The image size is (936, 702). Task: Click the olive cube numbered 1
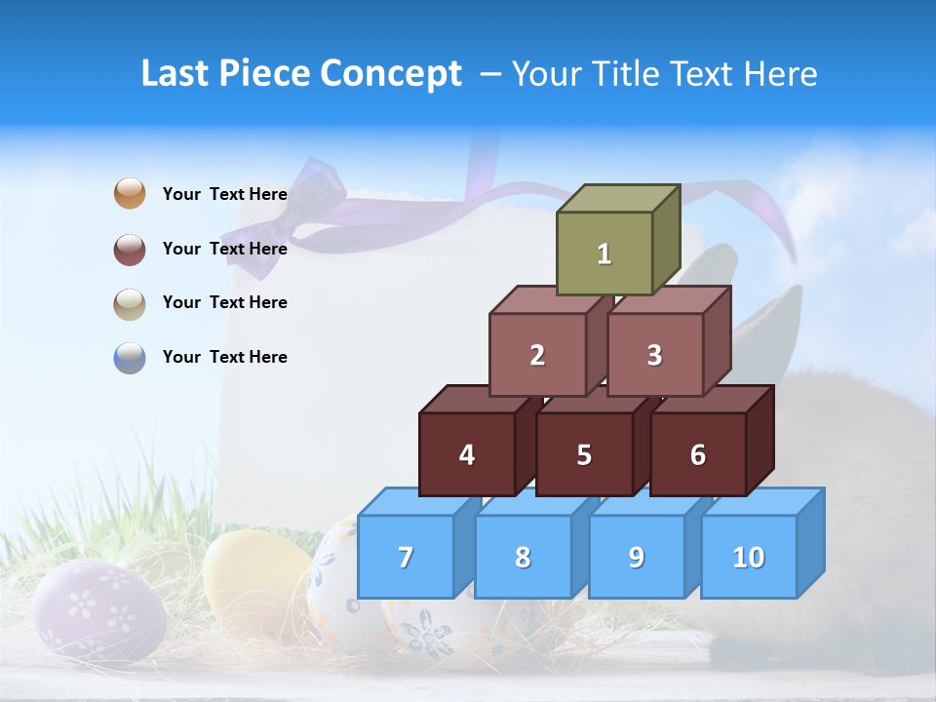pos(604,253)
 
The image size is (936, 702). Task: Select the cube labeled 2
pos(537,355)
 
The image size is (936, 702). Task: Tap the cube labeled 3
pos(654,355)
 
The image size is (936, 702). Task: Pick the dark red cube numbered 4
pos(467,454)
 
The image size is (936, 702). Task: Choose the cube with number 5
pos(583,454)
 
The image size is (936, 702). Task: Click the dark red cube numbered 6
pos(697,454)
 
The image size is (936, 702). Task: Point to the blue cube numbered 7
pos(406,557)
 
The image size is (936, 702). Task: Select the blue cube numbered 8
pos(523,557)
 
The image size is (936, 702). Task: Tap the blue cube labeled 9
pos(636,557)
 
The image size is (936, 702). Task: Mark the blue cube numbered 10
pos(748,557)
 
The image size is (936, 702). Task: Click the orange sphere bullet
pos(130,193)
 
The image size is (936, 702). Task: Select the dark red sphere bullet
pos(130,249)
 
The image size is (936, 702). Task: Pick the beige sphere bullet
pos(130,303)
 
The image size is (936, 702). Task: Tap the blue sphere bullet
pos(130,358)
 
